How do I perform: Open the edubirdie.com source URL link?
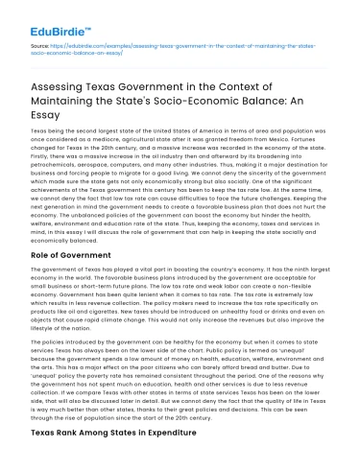[x=182, y=48]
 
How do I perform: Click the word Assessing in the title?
[x=63, y=84]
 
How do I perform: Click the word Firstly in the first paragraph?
[x=42, y=157]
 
